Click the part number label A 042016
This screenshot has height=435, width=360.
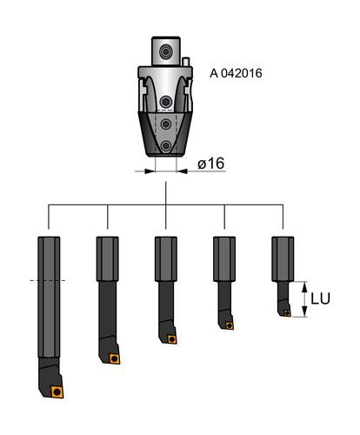236,73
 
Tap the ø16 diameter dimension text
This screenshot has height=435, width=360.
211,164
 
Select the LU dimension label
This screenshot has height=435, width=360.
320,298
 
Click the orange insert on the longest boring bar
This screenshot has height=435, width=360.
57,391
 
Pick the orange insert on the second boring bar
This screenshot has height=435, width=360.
115,358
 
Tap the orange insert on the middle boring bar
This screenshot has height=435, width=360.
172,339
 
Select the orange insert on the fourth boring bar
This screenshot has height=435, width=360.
230,325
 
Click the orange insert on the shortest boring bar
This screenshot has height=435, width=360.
287,313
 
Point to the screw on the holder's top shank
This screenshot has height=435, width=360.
166,52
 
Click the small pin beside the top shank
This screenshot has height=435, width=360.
186,62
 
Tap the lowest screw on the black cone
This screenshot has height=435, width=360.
166,145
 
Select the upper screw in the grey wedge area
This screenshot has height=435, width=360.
166,124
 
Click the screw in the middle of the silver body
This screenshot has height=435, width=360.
166,102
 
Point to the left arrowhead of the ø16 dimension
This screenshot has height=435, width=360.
150,171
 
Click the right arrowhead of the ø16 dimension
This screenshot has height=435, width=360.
182,171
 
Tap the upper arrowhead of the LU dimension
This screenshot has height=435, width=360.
304,286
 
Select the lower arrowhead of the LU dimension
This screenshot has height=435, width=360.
304,311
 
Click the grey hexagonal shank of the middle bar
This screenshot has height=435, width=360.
166,259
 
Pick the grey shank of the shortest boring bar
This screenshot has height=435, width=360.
283,259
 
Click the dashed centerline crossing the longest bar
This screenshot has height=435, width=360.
48,280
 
